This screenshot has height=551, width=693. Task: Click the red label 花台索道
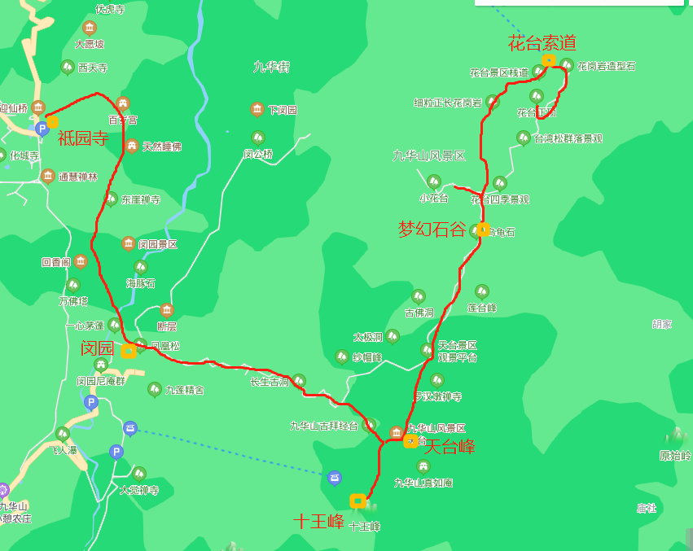pyautogui.click(x=542, y=43)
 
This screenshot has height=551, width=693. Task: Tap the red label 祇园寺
pyautogui.click(x=83, y=138)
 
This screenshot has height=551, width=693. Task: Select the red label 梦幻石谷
pyautogui.click(x=432, y=229)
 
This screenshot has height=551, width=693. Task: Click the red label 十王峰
pyautogui.click(x=318, y=521)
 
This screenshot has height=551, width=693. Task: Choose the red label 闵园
pyautogui.click(x=97, y=348)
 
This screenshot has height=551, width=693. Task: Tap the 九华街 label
pyautogui.click(x=271, y=67)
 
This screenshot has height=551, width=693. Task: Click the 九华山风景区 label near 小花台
pyautogui.click(x=428, y=155)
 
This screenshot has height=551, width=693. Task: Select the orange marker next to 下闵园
pyautogui.click(x=257, y=109)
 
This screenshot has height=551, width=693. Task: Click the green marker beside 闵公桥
pyautogui.click(x=258, y=138)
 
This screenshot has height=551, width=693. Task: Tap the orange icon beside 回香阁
pyautogui.click(x=81, y=261)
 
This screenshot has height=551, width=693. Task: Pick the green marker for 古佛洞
pyautogui.click(x=419, y=296)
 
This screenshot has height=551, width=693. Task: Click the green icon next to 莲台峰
pyautogui.click(x=482, y=291)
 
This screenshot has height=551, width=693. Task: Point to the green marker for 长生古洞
pyautogui.click(x=299, y=380)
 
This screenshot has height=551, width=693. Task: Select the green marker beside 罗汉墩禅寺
pyautogui.click(x=437, y=380)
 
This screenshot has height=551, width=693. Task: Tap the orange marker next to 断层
pyautogui.click(x=166, y=309)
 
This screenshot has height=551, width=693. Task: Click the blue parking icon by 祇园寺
pyautogui.click(x=42, y=128)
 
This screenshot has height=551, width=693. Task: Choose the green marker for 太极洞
pyautogui.click(x=393, y=335)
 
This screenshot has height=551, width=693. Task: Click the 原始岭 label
pyautogui.click(x=675, y=456)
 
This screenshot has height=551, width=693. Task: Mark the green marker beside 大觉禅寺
pyautogui.click(x=139, y=473)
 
